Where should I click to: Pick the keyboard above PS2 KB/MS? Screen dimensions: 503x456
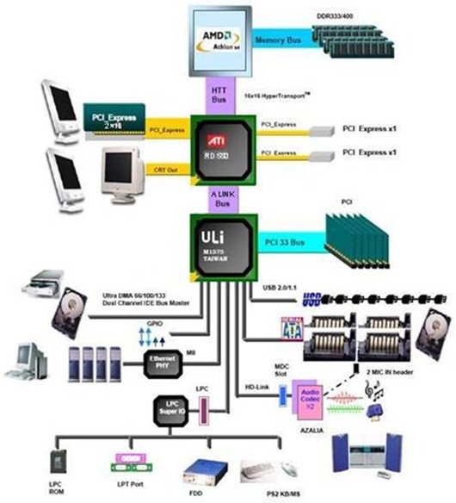click(x=257, y=470)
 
